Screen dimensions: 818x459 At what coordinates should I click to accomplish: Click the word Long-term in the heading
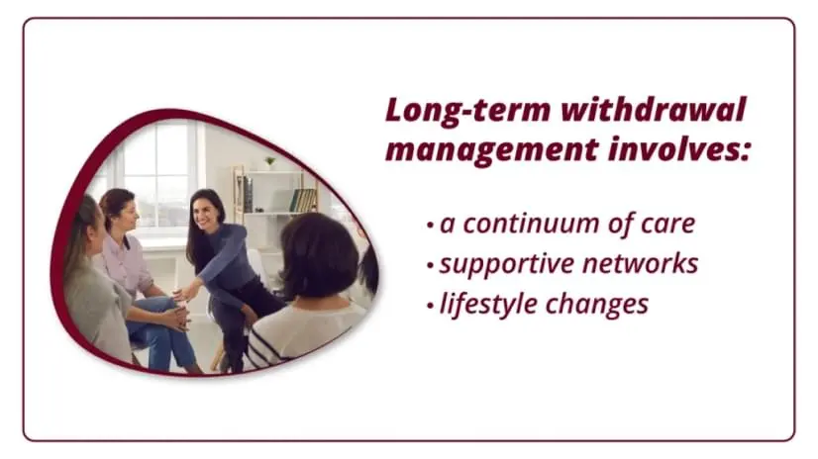[468, 111]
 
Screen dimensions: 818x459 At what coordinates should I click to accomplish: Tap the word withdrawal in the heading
[654, 110]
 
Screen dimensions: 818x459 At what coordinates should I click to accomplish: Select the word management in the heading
[491, 149]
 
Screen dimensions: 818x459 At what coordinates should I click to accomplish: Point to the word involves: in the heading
[678, 148]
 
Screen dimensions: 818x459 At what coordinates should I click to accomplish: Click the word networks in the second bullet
[640, 263]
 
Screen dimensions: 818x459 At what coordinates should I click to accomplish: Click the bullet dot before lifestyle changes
[430, 306]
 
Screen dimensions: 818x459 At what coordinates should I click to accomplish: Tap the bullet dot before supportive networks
[430, 265]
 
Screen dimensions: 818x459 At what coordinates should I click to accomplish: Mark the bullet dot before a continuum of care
[430, 226]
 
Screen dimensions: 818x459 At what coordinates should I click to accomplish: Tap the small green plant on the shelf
[270, 162]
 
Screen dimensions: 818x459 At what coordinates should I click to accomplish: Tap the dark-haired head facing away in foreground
[318, 255]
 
